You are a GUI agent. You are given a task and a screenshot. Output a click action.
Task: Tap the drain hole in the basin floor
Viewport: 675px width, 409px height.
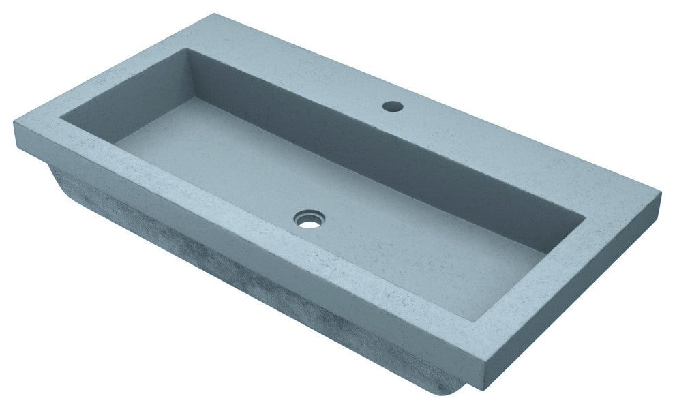tap(308, 219)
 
